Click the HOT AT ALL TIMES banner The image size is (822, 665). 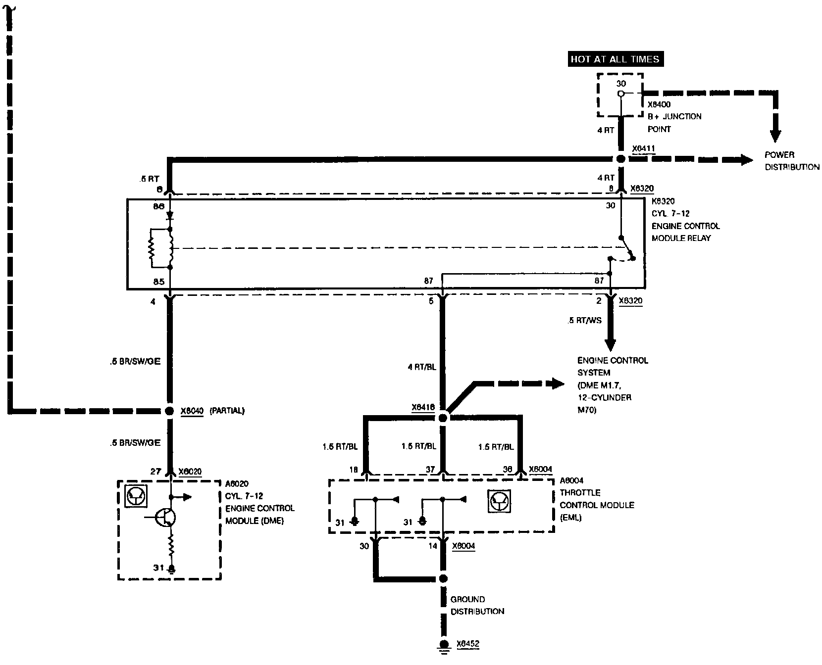615,59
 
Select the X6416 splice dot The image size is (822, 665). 443,418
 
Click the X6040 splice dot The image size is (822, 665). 169,411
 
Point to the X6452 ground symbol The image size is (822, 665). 444,644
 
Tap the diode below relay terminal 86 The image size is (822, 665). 170,216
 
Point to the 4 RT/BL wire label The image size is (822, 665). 422,367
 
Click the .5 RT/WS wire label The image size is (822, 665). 585,321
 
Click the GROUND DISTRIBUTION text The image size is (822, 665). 477,606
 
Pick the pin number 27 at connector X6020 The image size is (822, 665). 155,472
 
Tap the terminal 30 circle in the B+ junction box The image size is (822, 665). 620,94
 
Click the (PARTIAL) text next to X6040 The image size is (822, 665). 227,411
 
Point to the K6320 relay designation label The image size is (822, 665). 664,201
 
